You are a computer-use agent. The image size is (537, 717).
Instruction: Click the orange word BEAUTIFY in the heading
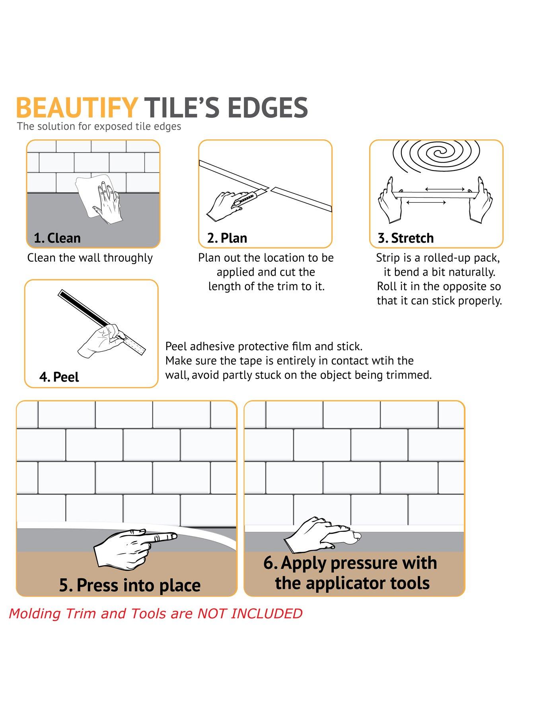tap(77, 107)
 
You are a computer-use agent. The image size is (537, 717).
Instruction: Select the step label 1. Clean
tap(57, 238)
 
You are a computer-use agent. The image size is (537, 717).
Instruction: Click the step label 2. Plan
tap(227, 238)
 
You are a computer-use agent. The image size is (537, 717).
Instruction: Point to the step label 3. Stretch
tap(406, 238)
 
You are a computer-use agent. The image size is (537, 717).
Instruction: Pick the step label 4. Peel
tap(59, 377)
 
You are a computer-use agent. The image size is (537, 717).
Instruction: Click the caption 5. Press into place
tap(130, 585)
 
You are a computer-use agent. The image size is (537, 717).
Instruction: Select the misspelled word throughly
tap(128, 258)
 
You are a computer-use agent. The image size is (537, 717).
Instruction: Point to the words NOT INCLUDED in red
tap(250, 613)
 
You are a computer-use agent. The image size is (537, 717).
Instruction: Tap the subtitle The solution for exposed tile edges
tap(99, 127)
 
